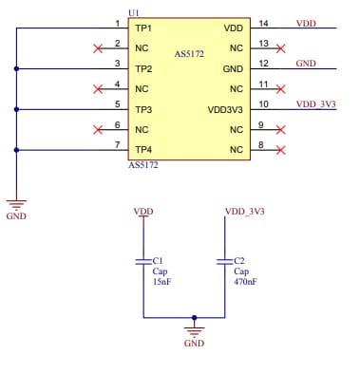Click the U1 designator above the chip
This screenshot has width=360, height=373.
click(133, 12)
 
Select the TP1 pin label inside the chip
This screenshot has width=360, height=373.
click(143, 28)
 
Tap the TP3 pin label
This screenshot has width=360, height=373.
click(143, 109)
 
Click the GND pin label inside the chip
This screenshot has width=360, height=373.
click(233, 68)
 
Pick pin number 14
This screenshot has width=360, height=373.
click(262, 23)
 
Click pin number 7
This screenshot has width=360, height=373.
click(117, 143)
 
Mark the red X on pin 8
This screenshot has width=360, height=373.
click(280, 150)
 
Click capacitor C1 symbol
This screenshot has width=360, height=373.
click(143, 260)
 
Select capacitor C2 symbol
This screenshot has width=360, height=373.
click(224, 260)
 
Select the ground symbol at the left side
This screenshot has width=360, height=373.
click(16, 202)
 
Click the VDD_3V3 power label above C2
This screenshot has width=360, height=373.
click(244, 211)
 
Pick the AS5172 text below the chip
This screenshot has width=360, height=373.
click(142, 165)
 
